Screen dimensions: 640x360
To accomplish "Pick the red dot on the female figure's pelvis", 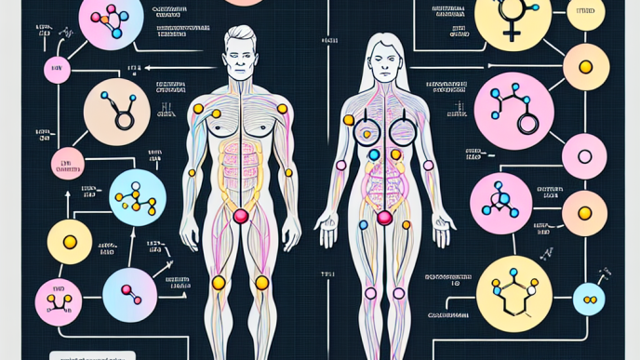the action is pyautogui.click(x=383, y=219).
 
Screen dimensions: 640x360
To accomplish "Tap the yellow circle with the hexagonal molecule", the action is pyautogui.click(x=513, y=290).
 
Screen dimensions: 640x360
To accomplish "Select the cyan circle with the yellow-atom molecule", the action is pyautogui.click(x=138, y=196).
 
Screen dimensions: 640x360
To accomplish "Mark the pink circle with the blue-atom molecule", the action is pyautogui.click(x=500, y=203).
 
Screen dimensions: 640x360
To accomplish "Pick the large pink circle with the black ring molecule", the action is pyautogui.click(x=513, y=111).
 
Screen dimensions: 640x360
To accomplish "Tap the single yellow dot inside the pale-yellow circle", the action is pyautogui.click(x=585, y=67).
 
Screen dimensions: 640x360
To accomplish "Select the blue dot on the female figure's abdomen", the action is pyautogui.click(x=373, y=155).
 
